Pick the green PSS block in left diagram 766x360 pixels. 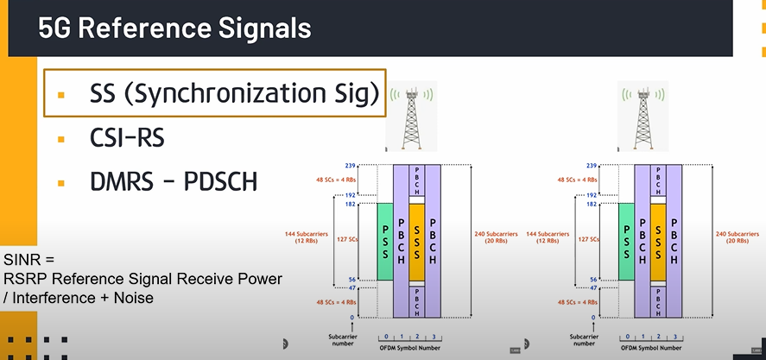(385, 243)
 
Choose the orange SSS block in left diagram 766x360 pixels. (417, 243)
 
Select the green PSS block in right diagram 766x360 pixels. (626, 243)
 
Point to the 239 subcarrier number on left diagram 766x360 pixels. (349, 164)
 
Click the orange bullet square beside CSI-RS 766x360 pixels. (61, 139)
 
